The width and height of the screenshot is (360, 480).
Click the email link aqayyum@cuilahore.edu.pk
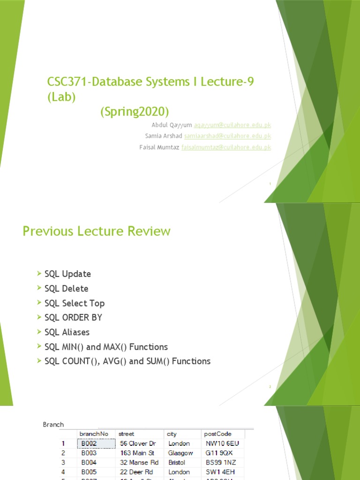coord(232,125)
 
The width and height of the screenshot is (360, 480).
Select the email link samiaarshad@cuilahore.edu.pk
coord(228,136)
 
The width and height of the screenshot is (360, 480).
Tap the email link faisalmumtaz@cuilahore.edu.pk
coord(226,147)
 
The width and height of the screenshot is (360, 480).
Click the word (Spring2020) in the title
coord(134,112)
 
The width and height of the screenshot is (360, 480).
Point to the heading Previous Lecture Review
coord(97,231)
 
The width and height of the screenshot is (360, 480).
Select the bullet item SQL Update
coord(67,274)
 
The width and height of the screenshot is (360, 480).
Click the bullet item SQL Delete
coord(66,289)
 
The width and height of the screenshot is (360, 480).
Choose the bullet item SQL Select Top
coord(75,303)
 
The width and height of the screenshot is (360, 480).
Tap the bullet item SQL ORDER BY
coord(73,317)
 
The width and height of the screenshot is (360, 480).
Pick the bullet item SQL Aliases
coord(67,332)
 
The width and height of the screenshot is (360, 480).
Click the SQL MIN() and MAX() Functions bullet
coord(106,347)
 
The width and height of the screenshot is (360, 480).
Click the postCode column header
coord(218,434)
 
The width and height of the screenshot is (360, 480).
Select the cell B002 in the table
coord(89,443)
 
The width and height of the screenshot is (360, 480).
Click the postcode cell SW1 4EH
coord(221,472)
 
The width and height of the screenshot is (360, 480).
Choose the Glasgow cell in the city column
coord(180,453)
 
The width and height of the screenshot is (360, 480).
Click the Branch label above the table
coord(53,425)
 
